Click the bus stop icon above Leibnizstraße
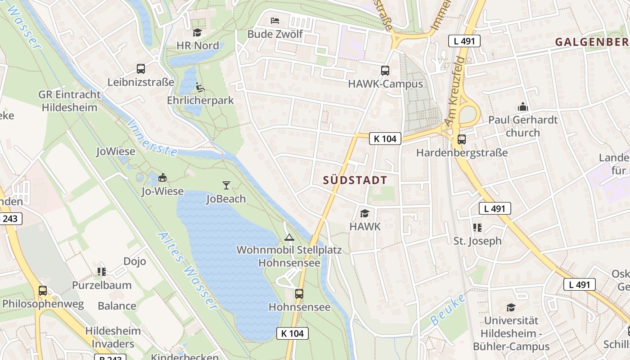(x=141, y=69)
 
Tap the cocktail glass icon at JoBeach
(x=226, y=185)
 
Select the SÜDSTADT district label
(x=355, y=180)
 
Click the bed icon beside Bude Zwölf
(x=274, y=21)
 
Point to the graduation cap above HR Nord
(x=197, y=32)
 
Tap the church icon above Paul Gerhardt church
(x=522, y=107)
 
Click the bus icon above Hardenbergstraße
(x=461, y=139)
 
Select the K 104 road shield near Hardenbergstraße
(x=385, y=139)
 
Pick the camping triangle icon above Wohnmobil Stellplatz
(x=289, y=237)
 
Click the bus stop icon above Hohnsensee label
(x=299, y=294)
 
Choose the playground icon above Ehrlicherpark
(x=200, y=87)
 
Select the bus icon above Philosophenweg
(x=43, y=291)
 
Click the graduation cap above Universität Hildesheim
(x=511, y=307)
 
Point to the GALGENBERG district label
(x=592, y=42)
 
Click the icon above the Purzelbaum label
(x=102, y=272)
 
